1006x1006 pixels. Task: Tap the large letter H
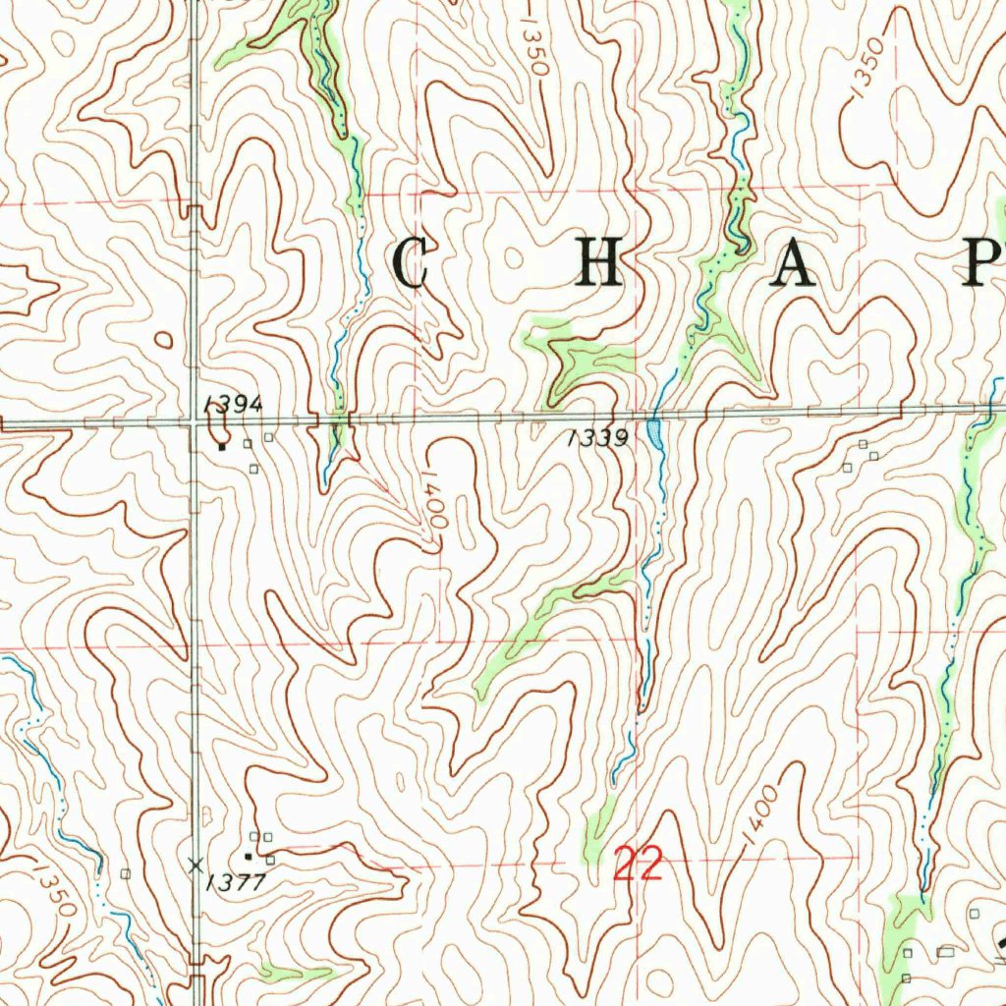coord(599,263)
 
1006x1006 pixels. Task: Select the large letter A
coord(793,263)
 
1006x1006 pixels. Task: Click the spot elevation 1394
coord(220,404)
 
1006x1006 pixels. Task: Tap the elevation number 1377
coord(236,882)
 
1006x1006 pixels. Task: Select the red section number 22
coord(638,866)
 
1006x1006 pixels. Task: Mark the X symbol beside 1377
coord(196,865)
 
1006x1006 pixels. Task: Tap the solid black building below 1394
coord(223,447)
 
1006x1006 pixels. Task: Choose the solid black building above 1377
coord(249,856)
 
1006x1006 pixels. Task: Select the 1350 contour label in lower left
coord(51,889)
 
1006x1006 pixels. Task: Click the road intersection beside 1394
coord(196,422)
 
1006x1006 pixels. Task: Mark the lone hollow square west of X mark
coord(125,872)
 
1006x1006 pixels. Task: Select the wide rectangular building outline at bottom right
coord(945,952)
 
